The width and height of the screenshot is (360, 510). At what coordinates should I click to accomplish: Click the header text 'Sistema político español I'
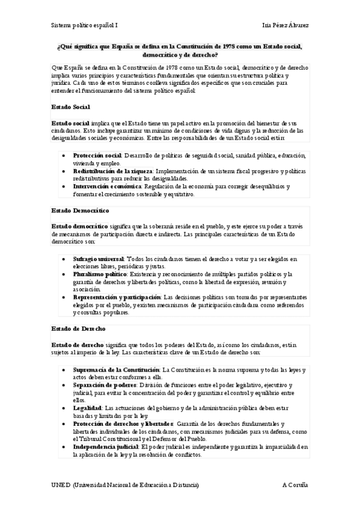pos(84,26)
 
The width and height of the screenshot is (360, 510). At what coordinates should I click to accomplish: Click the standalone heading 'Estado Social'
pos(70,106)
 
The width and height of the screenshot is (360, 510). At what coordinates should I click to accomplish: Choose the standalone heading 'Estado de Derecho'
pos(78,328)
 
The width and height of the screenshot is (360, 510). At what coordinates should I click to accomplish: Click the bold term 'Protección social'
pos(97,155)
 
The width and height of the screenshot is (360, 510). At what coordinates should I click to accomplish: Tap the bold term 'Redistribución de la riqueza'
pos(113,171)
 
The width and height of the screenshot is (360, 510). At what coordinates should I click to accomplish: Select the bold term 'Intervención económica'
pos(103,186)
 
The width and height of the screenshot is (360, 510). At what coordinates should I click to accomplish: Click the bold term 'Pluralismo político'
pos(100,274)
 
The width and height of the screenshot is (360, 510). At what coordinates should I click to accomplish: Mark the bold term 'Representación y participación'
pos(117,297)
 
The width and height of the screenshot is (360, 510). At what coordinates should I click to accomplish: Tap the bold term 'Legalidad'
pos(86,408)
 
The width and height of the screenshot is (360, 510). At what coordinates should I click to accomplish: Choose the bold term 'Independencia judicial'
pos(105,447)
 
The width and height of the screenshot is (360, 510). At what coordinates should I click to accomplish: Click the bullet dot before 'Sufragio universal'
pos(64,259)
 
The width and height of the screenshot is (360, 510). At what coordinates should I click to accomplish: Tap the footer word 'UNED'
pos(61,485)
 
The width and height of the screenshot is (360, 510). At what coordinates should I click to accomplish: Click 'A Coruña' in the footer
pos(295,485)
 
